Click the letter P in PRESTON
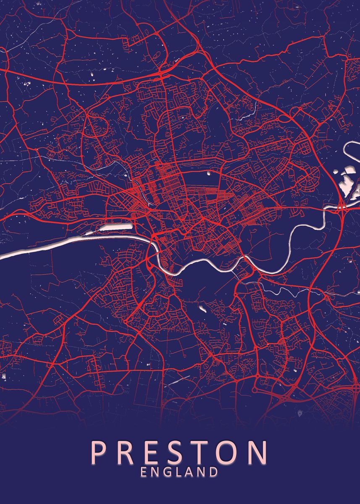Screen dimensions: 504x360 click(x=100, y=452)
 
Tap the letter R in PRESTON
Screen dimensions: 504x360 click(x=127, y=452)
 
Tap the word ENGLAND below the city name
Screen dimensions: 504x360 click(x=179, y=472)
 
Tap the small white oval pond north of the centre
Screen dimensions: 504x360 click(x=209, y=172)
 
